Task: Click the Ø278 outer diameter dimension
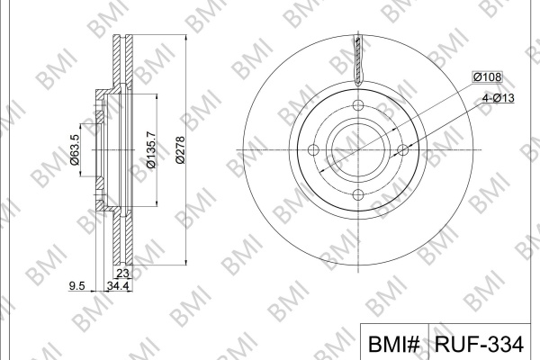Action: pyautogui.click(x=180, y=150)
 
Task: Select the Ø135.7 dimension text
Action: pyautogui.click(x=151, y=150)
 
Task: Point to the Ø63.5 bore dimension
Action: pyautogui.click(x=75, y=150)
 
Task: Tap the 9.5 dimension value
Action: pyautogui.click(x=76, y=285)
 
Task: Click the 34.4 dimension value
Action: pyautogui.click(x=118, y=285)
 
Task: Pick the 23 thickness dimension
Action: pyautogui.click(x=122, y=273)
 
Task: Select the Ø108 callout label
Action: pyautogui.click(x=487, y=76)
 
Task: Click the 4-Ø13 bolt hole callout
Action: pyautogui.click(x=498, y=98)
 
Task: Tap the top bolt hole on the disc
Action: pyautogui.click(x=358, y=105)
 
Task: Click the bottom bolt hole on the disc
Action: pyautogui.click(x=358, y=194)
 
